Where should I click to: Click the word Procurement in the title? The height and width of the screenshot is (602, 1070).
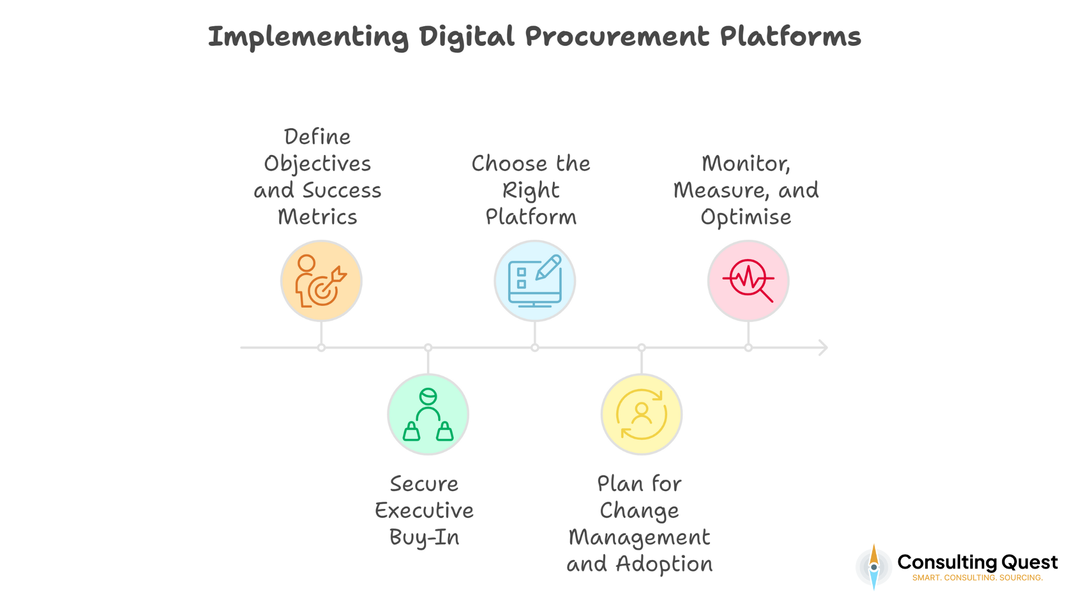617,37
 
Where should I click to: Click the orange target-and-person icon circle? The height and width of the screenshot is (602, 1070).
322,281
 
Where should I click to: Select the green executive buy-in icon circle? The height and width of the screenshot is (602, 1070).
428,415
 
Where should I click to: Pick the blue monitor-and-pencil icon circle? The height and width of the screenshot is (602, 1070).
535,281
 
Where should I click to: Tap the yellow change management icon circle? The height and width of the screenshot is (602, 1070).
641,415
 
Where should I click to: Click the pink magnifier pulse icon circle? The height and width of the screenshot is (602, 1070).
748,281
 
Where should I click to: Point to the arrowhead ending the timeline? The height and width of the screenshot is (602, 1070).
823,348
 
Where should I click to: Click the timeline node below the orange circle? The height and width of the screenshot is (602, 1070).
322,348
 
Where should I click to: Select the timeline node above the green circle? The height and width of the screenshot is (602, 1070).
428,348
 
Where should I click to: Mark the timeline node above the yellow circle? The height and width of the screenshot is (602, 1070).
641,348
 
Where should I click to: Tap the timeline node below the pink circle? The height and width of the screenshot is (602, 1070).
748,348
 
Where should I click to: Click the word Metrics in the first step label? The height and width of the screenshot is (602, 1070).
317,217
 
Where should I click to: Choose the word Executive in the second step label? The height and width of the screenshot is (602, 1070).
424,511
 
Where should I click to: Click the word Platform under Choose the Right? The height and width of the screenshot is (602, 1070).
531,217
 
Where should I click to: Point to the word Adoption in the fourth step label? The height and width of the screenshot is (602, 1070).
664,564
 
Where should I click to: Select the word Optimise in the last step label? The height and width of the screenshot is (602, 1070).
746,217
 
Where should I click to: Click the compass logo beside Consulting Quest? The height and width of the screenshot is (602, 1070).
874,567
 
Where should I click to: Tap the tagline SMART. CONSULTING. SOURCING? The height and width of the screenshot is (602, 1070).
977,578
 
